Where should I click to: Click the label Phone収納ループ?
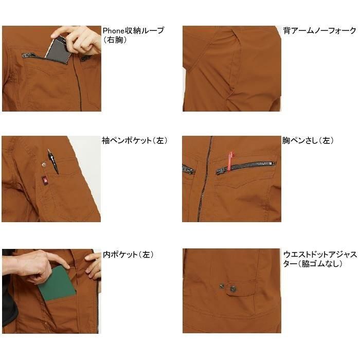[x=133, y=30]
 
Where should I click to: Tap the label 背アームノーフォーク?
[x=319, y=30]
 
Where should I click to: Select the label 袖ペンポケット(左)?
[x=134, y=140]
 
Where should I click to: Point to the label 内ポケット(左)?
[x=128, y=255]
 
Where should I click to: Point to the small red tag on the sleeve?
[x=45, y=179]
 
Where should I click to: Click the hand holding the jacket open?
[x=94, y=265]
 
